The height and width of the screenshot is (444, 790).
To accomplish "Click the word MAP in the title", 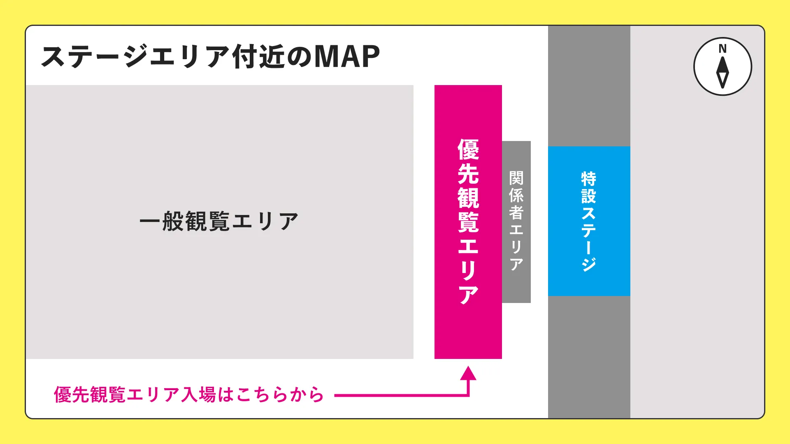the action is point(347,56).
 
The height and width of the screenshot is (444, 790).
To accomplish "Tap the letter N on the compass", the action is point(723,49).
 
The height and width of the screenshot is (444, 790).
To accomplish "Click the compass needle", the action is point(723,72).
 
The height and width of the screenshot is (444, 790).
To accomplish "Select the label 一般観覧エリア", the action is point(219,222).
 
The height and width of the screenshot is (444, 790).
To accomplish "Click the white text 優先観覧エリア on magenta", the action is point(468,222).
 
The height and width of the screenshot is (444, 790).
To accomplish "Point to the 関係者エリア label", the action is point(516,221).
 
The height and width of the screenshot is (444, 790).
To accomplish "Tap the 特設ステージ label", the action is point(589,221).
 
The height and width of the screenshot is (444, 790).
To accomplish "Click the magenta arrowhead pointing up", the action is point(468,373).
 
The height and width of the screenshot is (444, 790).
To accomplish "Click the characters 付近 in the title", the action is point(258,57).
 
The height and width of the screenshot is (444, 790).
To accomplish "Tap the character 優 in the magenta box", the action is point(468,150).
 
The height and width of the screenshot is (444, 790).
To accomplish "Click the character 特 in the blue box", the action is point(589,179).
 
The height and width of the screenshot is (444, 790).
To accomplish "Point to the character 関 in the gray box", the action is point(516,178).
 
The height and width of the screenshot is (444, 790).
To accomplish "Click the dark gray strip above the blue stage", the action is point(589,86).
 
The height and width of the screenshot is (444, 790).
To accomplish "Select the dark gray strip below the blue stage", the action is point(589,357).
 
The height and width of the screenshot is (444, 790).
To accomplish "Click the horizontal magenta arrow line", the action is point(401,395).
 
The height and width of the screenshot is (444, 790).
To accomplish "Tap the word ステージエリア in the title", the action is point(136,57).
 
